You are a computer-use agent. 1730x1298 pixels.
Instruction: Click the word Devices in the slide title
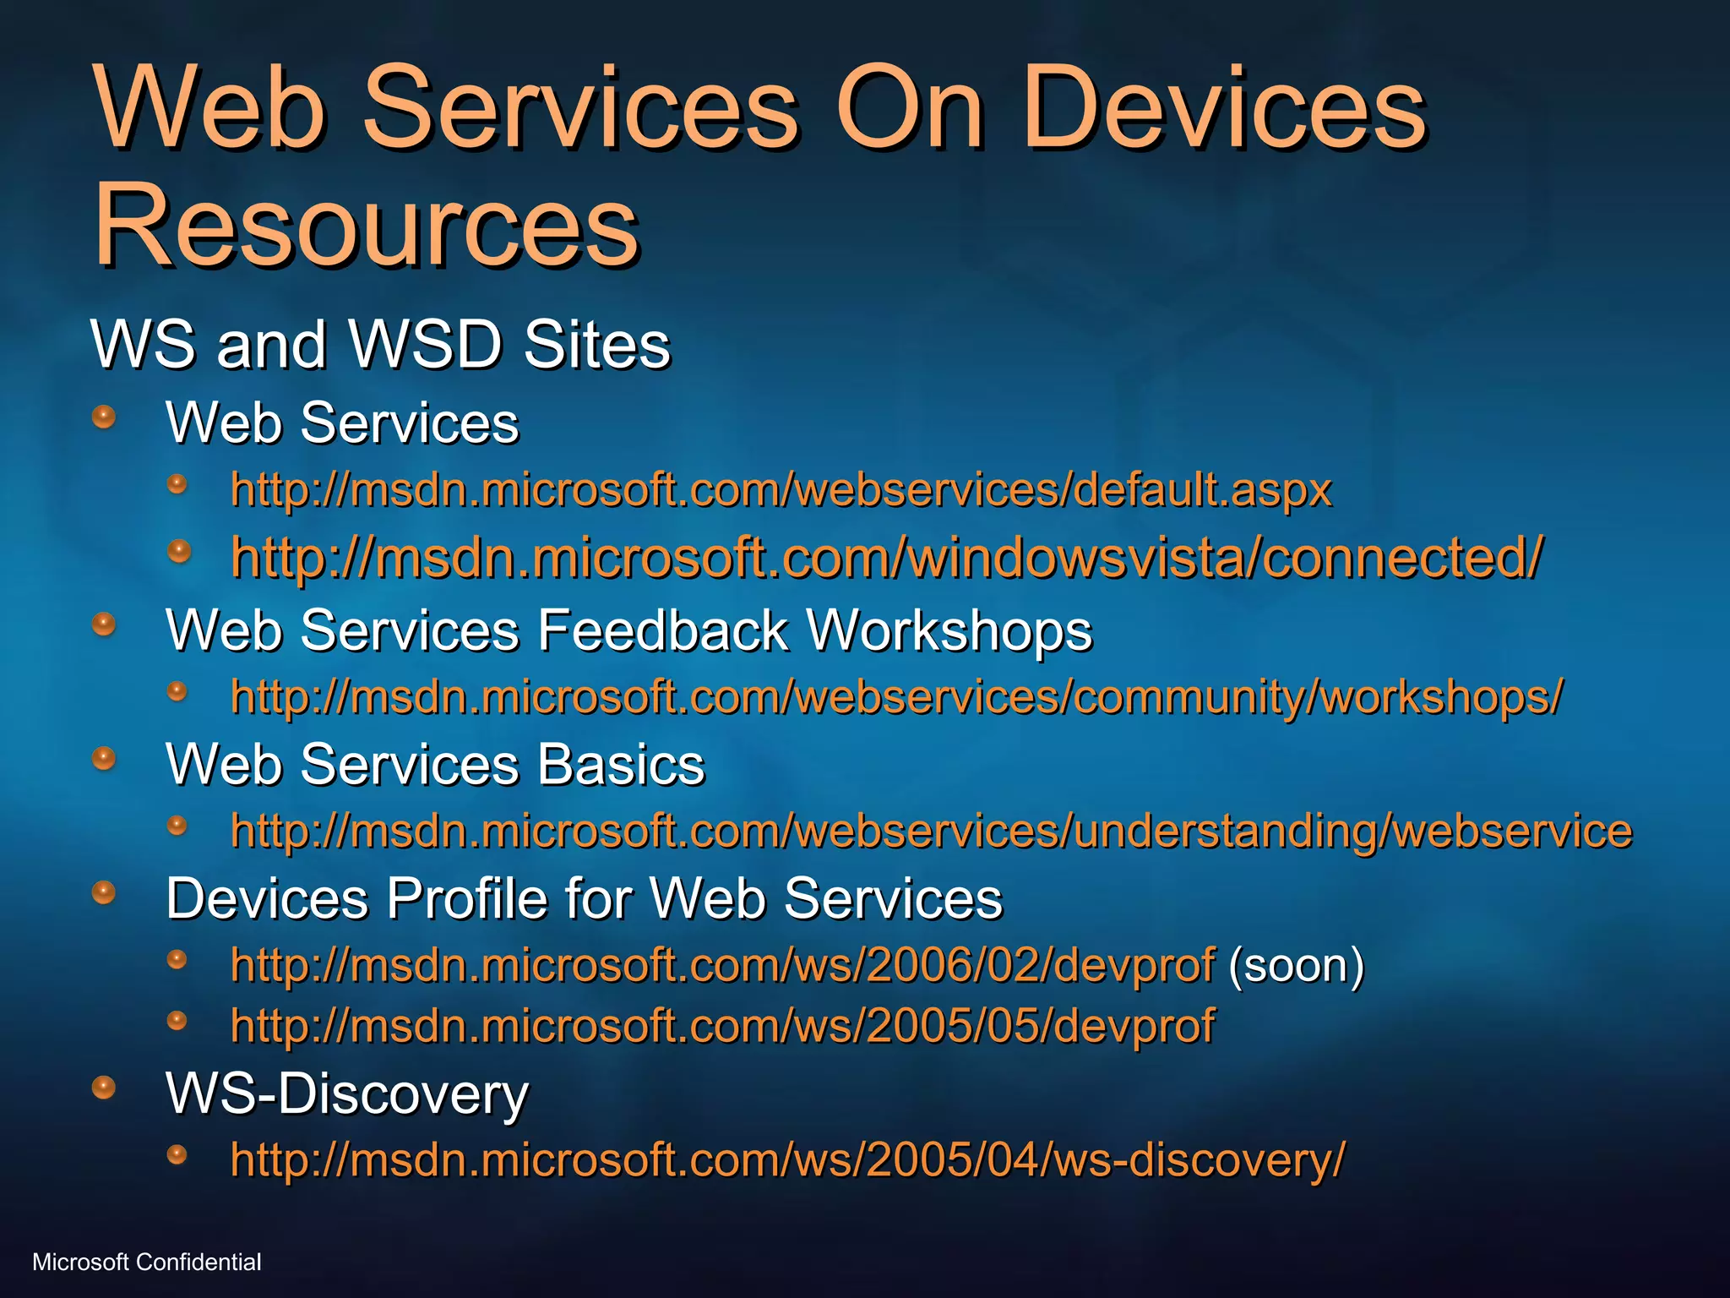pyautogui.click(x=1224, y=110)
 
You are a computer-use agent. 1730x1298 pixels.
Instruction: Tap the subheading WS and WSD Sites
pyautogui.click(x=380, y=345)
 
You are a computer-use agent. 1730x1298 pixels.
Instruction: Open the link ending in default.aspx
pyautogui.click(x=781, y=490)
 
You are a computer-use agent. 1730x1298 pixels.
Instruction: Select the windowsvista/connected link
pyautogui.click(x=887, y=558)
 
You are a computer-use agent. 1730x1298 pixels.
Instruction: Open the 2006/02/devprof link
pyautogui.click(x=722, y=965)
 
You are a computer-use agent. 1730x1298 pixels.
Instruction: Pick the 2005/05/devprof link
pyautogui.click(x=722, y=1026)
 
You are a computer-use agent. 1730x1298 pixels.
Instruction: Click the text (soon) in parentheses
pyautogui.click(x=1296, y=965)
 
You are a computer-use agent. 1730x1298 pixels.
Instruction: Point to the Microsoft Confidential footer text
pyautogui.click(x=147, y=1263)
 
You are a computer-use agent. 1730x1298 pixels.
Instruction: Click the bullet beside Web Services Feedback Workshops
pyautogui.click(x=104, y=624)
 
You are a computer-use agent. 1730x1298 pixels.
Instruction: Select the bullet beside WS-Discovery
pyautogui.click(x=104, y=1087)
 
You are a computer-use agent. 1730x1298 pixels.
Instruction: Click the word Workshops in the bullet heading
pyautogui.click(x=949, y=631)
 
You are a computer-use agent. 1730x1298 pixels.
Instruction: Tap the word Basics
pyautogui.click(x=621, y=765)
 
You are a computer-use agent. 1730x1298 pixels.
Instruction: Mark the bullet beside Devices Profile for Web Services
pyautogui.click(x=104, y=892)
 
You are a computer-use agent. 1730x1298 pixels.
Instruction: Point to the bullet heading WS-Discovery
pyautogui.click(x=347, y=1093)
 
